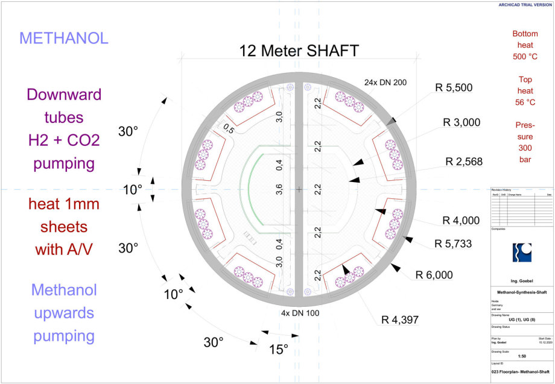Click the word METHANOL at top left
click(64, 38)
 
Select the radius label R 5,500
click(454, 87)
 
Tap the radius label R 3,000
click(463, 123)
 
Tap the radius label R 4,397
click(401, 319)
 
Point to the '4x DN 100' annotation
click(300, 313)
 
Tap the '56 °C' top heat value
click(524, 102)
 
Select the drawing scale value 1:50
click(521, 356)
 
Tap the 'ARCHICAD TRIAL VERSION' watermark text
click(524, 5)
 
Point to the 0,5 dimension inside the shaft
click(229, 128)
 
